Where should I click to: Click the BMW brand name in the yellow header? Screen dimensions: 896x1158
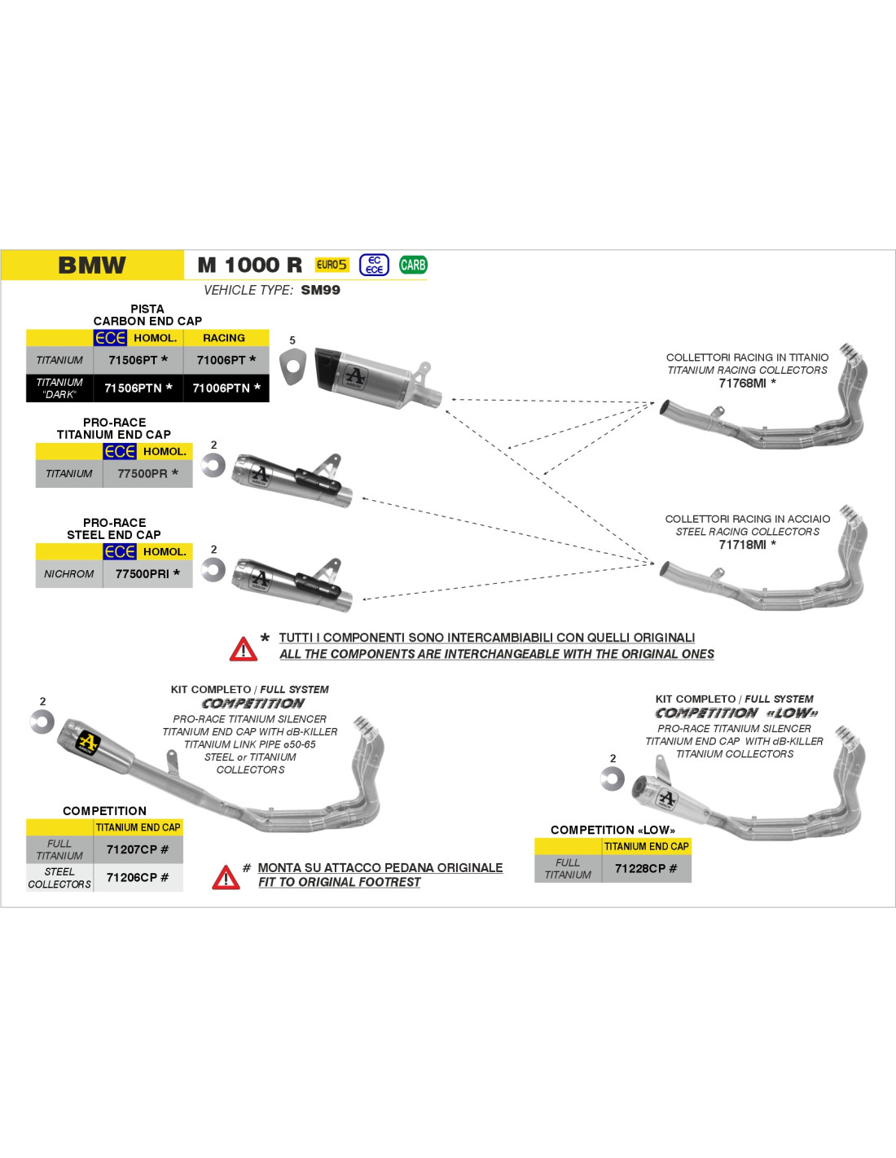tap(92, 265)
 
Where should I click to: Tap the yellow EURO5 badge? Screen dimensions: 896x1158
tap(332, 265)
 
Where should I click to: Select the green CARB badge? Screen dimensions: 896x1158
tap(413, 265)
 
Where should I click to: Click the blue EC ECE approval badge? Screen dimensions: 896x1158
tap(374, 265)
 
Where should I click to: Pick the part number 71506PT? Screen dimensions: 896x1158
tap(133, 360)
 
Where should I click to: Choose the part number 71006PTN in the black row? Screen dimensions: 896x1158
tap(222, 388)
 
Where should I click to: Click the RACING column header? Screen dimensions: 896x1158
tap(224, 338)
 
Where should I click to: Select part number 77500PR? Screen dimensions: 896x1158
tap(143, 473)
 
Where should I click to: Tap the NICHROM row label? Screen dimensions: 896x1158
tap(68, 574)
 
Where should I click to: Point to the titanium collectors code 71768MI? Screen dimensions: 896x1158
tap(742, 384)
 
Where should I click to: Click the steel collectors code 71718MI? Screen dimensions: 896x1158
tap(742, 545)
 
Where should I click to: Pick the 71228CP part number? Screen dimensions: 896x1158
tap(640, 869)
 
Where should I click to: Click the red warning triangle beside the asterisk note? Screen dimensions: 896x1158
tap(244, 649)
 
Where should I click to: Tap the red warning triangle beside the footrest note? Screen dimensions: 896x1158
tap(226, 877)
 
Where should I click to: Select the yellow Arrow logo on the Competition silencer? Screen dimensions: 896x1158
tap(88, 743)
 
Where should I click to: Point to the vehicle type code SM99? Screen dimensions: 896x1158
tap(320, 291)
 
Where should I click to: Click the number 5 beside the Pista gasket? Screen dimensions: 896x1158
tap(292, 340)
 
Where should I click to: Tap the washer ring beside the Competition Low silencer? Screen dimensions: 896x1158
tap(612, 779)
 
